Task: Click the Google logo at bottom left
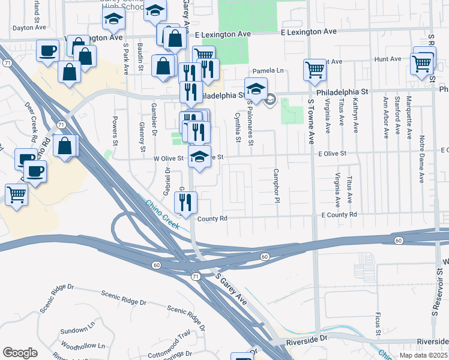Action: click(x=20, y=353)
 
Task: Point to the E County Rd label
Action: click(x=339, y=214)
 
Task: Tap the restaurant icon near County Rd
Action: click(x=185, y=202)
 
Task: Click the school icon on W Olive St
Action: click(x=200, y=157)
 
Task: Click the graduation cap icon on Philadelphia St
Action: click(x=256, y=89)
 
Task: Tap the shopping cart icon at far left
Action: click(x=16, y=194)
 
